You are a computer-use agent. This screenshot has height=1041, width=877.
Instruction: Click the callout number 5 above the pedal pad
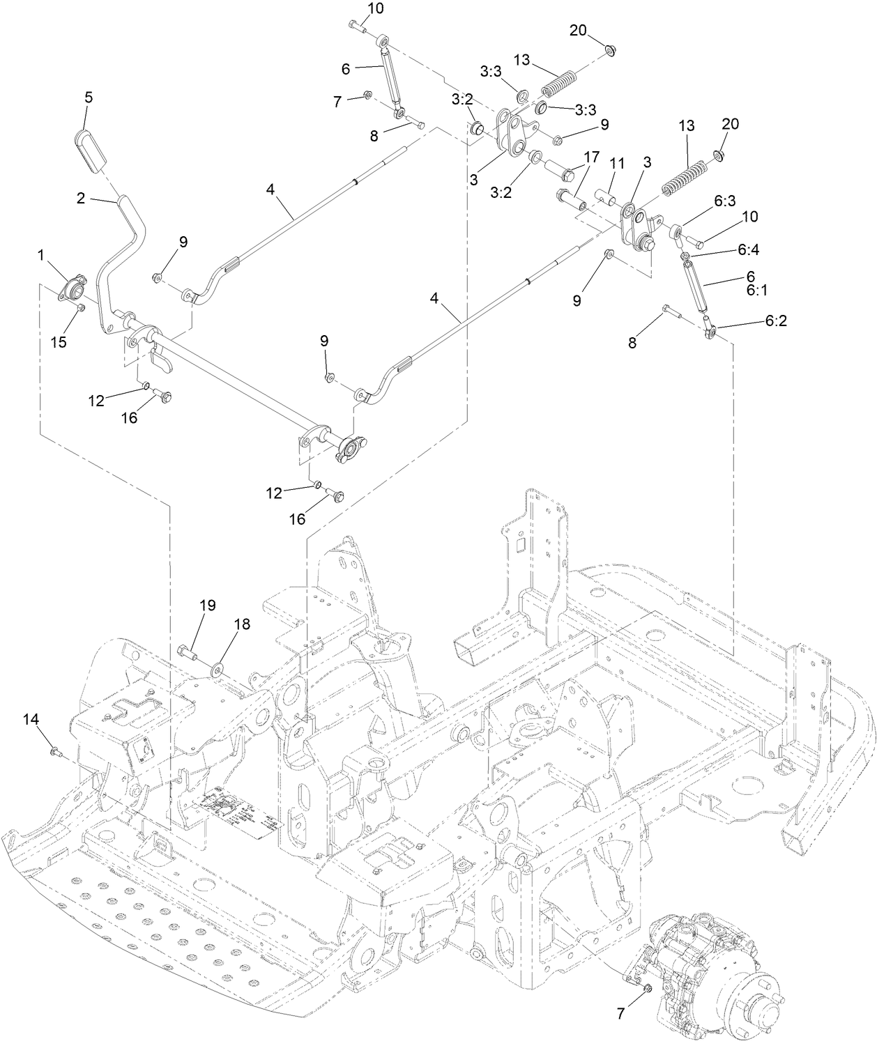click(89, 98)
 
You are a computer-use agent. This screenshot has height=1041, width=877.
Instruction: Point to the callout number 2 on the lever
click(81, 199)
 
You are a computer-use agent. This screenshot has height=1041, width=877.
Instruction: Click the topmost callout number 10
click(375, 8)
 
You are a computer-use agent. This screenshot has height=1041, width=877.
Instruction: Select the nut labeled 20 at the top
click(610, 49)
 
